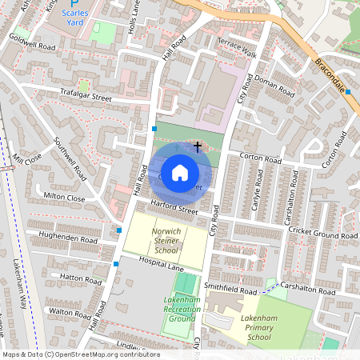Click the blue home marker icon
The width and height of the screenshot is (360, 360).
(x=180, y=172)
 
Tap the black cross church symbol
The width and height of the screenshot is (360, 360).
(x=198, y=147)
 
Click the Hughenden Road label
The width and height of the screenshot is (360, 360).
(x=71, y=238)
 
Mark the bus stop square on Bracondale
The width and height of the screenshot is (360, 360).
(x=349, y=92)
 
